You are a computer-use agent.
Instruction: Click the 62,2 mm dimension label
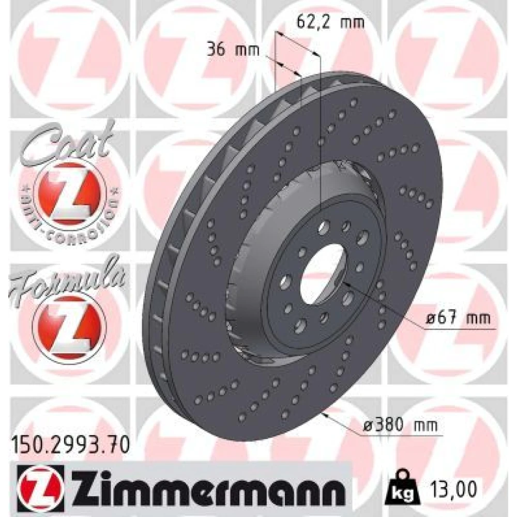coord(330,22)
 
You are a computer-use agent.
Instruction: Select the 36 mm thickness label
coord(233,50)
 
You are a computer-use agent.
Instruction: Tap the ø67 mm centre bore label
coord(458,318)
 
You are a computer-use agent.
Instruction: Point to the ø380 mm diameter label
coord(400,425)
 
